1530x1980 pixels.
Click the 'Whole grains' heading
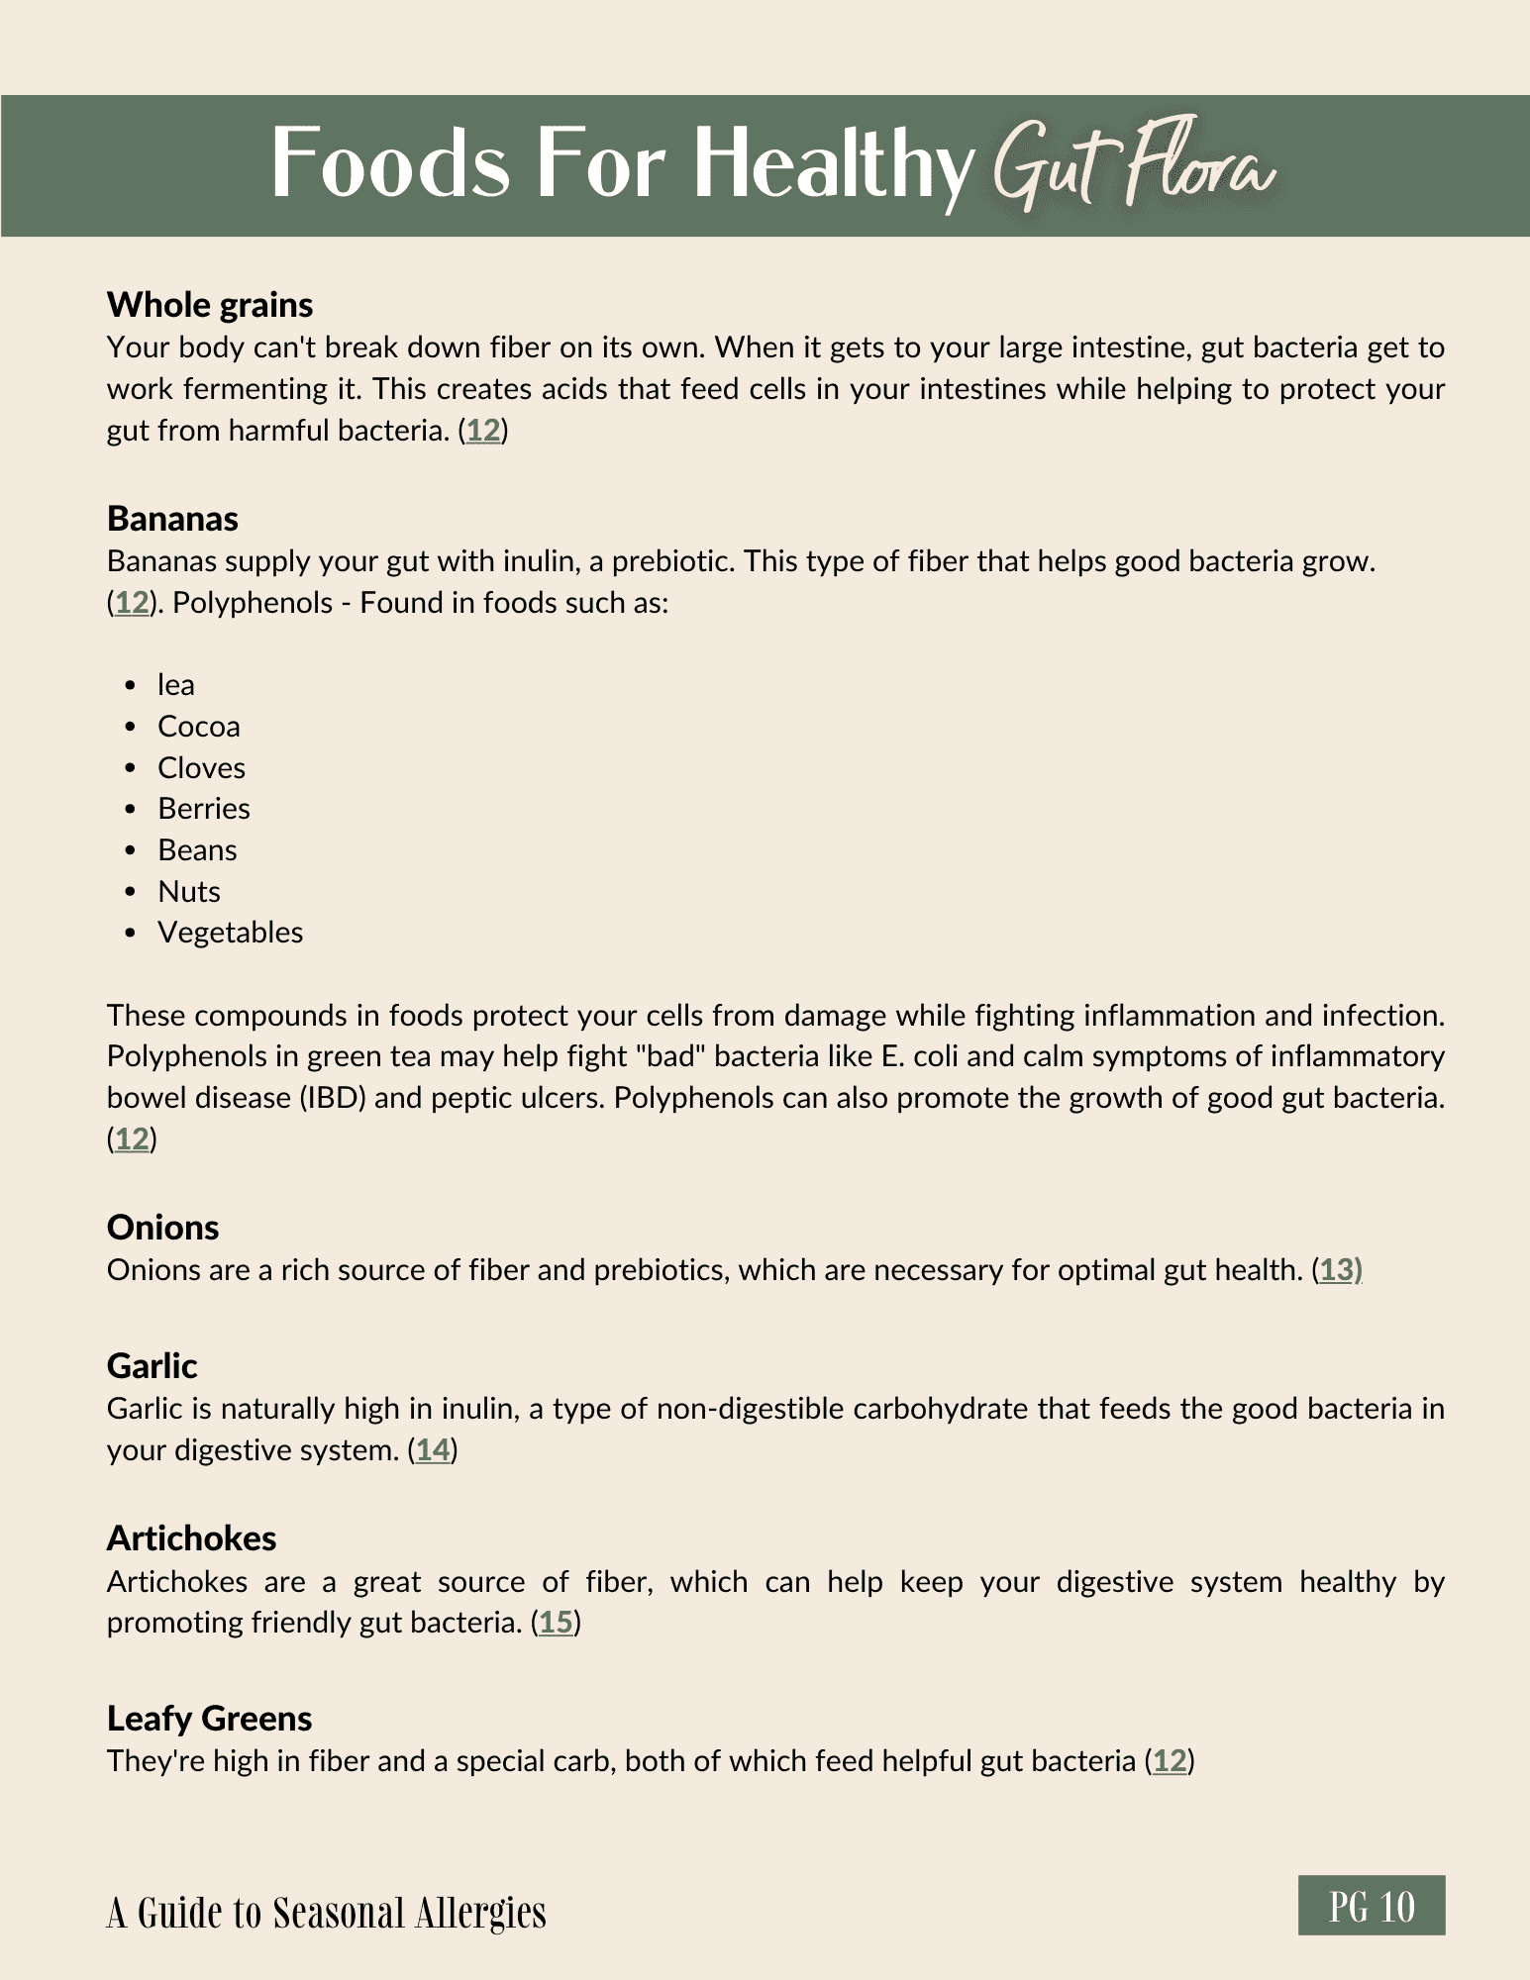point(210,305)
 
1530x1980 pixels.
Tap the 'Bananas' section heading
point(172,519)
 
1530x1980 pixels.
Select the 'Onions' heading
point(162,1228)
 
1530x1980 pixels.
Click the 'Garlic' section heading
point(152,1366)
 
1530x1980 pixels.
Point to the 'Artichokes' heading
point(191,1538)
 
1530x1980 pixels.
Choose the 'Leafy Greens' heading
point(209,1719)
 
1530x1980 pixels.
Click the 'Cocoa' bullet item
point(198,727)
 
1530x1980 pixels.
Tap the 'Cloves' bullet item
point(201,768)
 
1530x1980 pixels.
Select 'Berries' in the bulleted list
point(203,809)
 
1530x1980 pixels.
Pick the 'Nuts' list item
point(188,892)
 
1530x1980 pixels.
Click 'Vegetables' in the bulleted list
point(230,933)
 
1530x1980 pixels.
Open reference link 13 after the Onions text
point(1337,1270)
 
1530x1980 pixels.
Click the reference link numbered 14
point(433,1450)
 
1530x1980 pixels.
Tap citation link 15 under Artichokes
point(556,1623)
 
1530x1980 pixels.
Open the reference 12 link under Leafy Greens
point(1170,1761)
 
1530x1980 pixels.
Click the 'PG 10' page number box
point(1372,1906)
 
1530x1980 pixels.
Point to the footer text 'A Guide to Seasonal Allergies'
point(326,1913)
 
